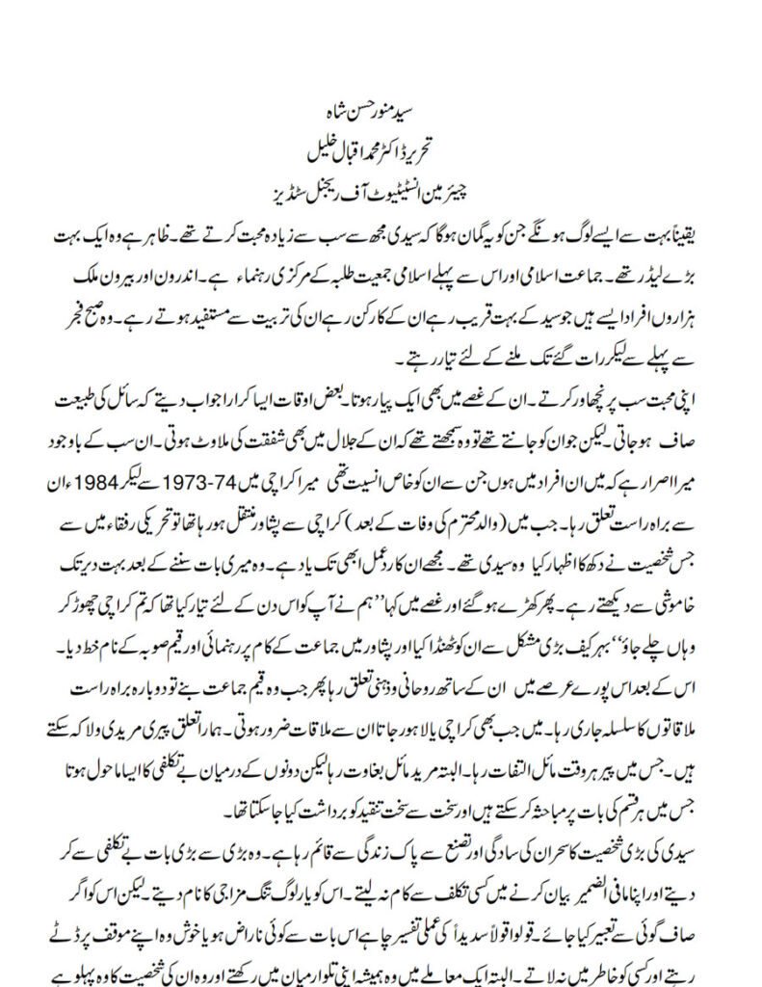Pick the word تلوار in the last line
coord(280,975)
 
